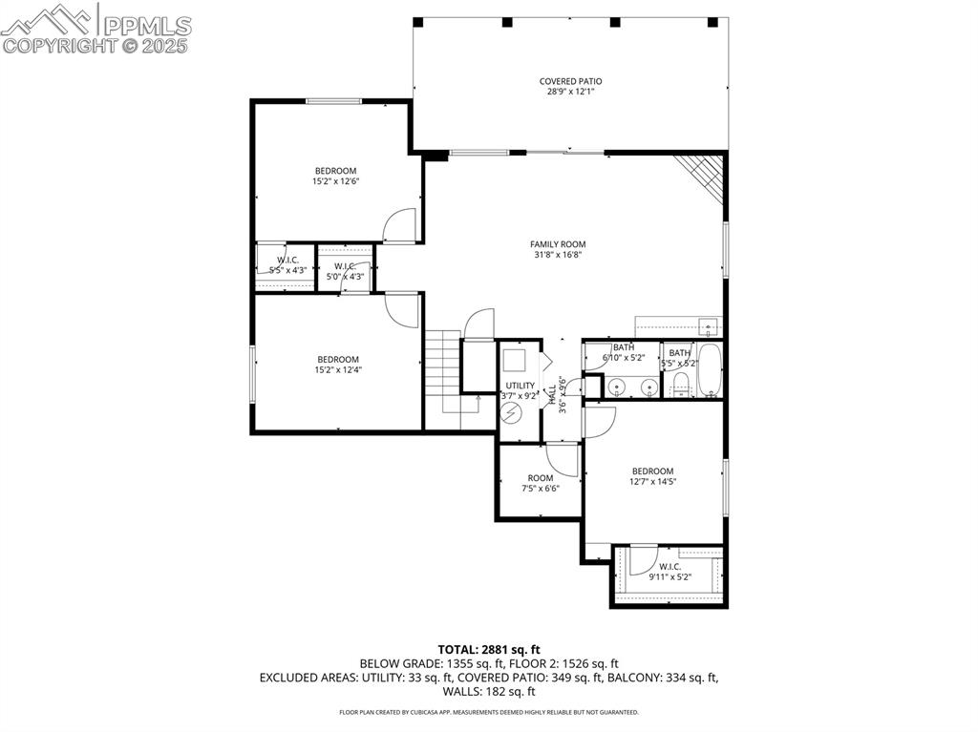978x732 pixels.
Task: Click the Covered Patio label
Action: [570, 82]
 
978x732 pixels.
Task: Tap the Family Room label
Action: [558, 244]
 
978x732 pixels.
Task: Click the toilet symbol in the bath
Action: [681, 385]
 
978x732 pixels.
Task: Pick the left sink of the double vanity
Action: [617, 387]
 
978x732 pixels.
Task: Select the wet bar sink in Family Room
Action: [708, 326]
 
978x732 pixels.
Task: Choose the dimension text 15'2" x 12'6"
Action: [335, 181]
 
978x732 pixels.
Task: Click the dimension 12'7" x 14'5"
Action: [652, 482]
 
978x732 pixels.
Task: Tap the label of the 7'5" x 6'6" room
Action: [540, 478]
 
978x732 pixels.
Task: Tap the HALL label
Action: [551, 393]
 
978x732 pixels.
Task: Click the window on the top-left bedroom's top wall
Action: [332, 101]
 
